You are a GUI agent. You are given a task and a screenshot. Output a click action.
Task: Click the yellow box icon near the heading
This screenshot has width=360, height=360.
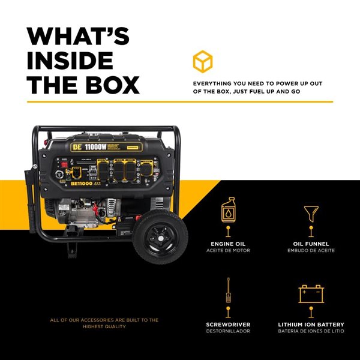pyautogui.click(x=202, y=61)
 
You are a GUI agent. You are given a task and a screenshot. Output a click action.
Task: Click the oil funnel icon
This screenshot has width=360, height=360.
pyautogui.click(x=310, y=212)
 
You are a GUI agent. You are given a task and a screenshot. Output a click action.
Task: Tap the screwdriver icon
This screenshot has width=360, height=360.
pyautogui.click(x=228, y=291)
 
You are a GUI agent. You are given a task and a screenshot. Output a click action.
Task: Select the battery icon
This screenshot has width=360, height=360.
pyautogui.click(x=310, y=293)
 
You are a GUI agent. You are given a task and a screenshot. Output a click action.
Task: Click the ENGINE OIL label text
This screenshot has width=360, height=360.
pyautogui.click(x=228, y=243)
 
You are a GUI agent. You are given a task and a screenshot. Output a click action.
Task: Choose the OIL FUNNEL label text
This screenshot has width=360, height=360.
pyautogui.click(x=310, y=243)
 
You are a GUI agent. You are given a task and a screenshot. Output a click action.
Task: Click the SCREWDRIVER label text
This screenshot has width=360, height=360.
pyautogui.click(x=228, y=324)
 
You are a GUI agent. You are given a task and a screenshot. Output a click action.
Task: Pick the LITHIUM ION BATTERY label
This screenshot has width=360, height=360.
pyautogui.click(x=310, y=324)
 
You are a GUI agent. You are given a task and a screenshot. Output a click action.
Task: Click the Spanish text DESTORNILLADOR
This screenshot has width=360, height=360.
pyautogui.click(x=228, y=331)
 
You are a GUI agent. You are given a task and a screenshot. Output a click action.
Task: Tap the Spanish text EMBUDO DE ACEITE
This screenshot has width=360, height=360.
pyautogui.click(x=310, y=250)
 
